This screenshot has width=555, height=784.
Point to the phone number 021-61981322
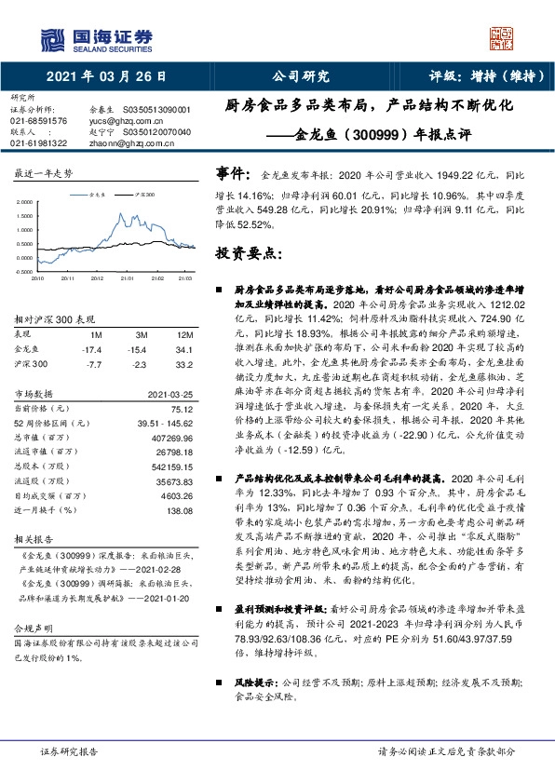tap(38, 142)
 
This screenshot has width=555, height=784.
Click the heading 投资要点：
tap(248, 251)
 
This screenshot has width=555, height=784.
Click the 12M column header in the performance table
tap(183, 334)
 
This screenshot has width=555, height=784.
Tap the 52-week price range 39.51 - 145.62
tap(164, 423)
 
